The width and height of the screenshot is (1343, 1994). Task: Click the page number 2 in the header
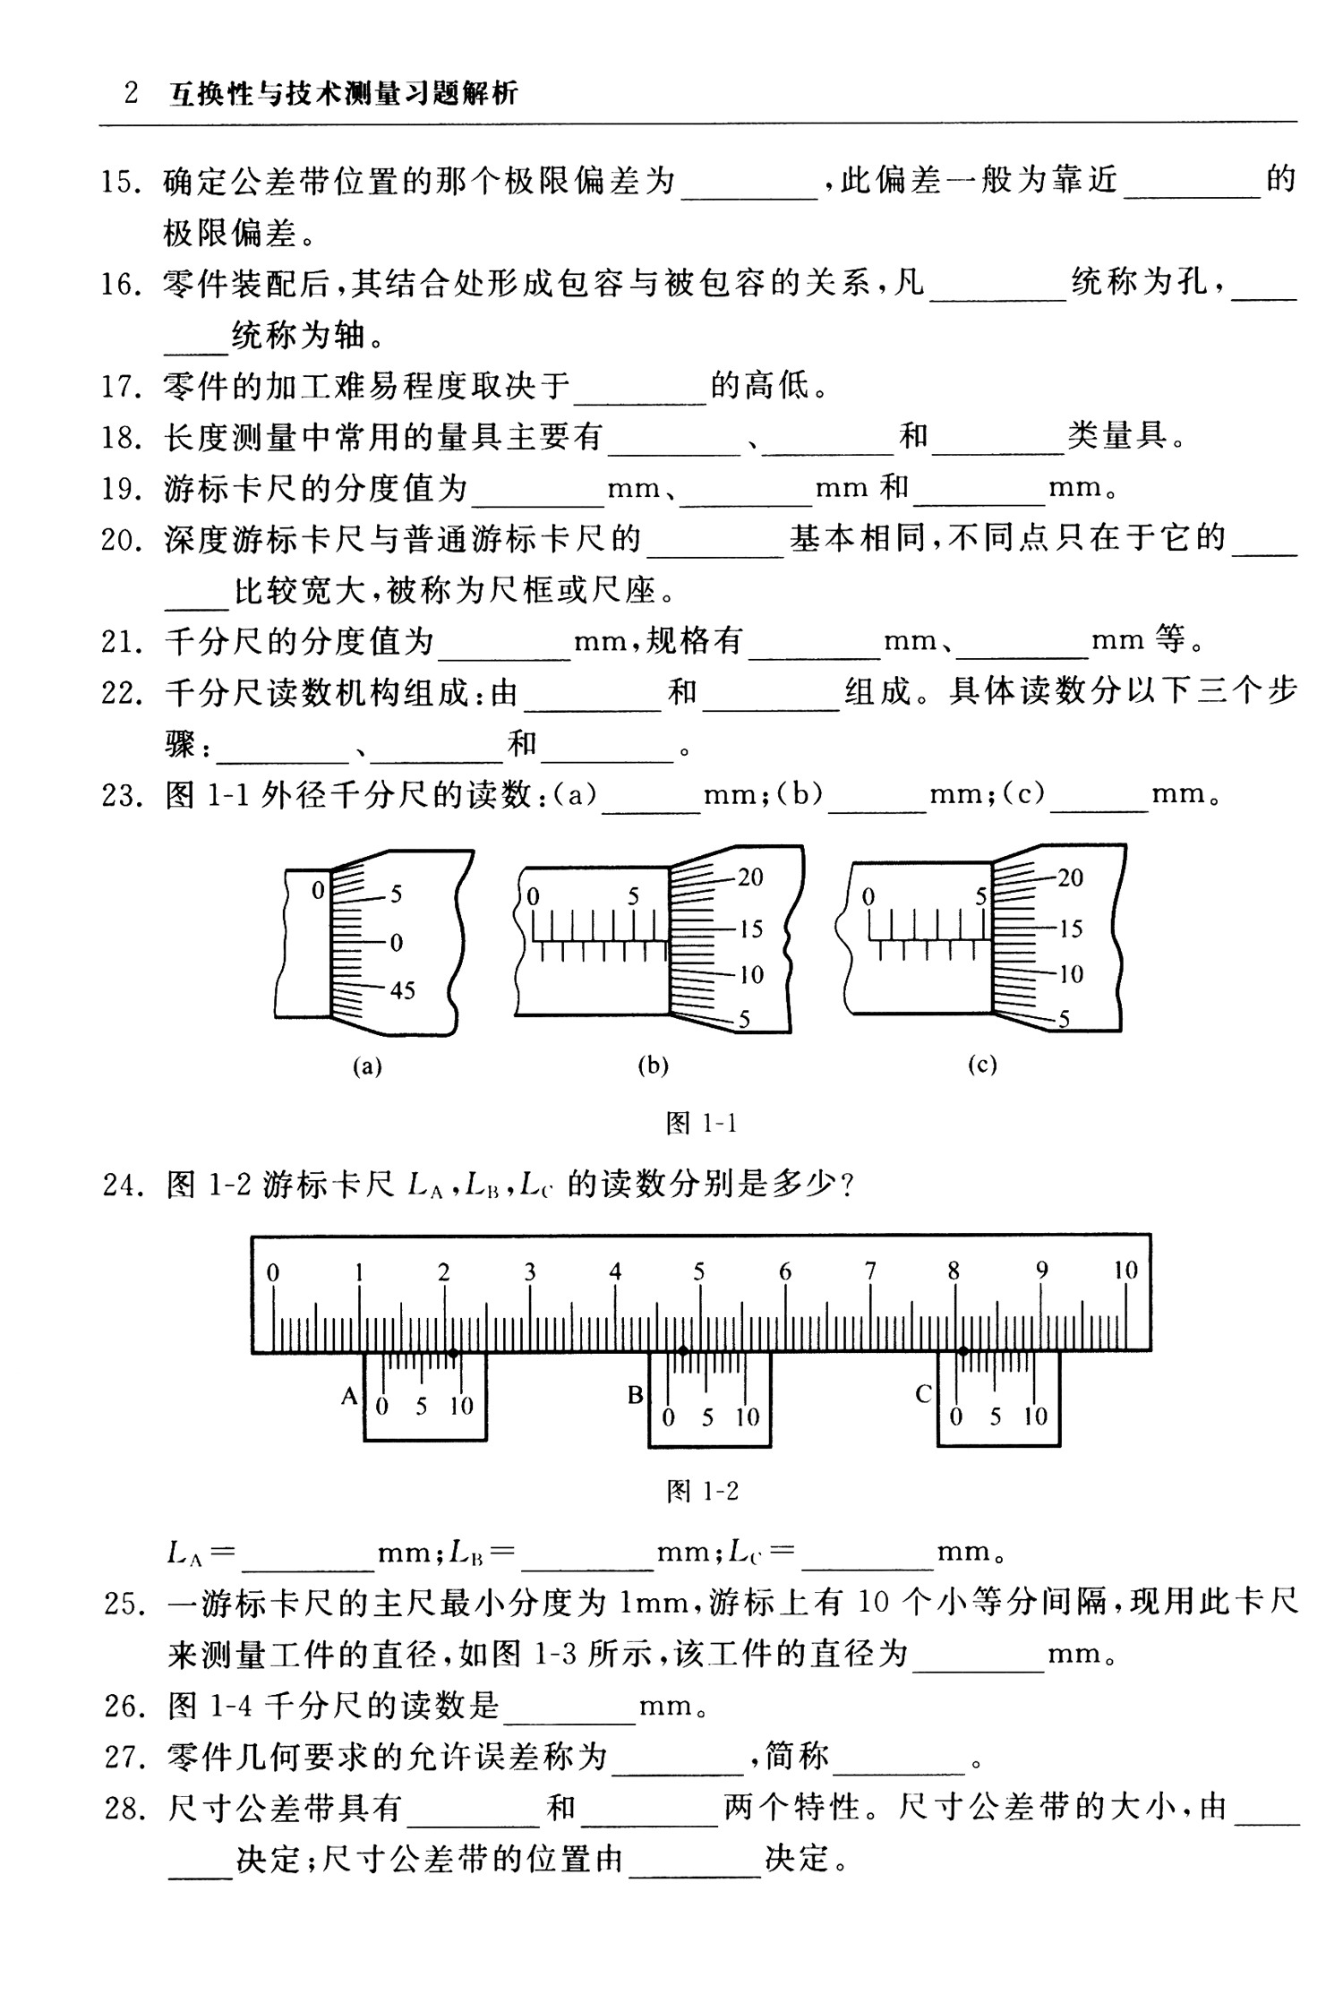pos(132,94)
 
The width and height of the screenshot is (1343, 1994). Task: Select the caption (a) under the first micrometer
pos(367,1065)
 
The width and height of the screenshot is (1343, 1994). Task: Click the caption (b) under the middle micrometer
pos(653,1065)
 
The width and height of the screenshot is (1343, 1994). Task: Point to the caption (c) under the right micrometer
pos(982,1065)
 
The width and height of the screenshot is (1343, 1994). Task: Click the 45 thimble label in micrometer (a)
pos(402,990)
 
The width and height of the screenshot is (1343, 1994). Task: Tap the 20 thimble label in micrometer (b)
pos(750,877)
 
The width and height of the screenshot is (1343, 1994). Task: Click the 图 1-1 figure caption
pos(701,1123)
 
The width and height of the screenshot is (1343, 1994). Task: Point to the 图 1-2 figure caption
pos(703,1491)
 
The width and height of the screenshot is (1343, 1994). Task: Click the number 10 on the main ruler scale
pos(1125,1270)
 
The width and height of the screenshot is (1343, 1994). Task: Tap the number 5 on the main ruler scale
pos(698,1271)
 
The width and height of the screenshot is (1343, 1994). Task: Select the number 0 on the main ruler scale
pos(273,1272)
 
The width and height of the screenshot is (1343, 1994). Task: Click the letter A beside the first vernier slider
pos(350,1396)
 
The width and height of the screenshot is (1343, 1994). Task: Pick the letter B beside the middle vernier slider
pos(636,1395)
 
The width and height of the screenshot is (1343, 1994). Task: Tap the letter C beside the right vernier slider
pos(924,1394)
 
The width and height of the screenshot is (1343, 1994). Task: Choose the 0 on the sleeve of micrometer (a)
pos(317,891)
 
